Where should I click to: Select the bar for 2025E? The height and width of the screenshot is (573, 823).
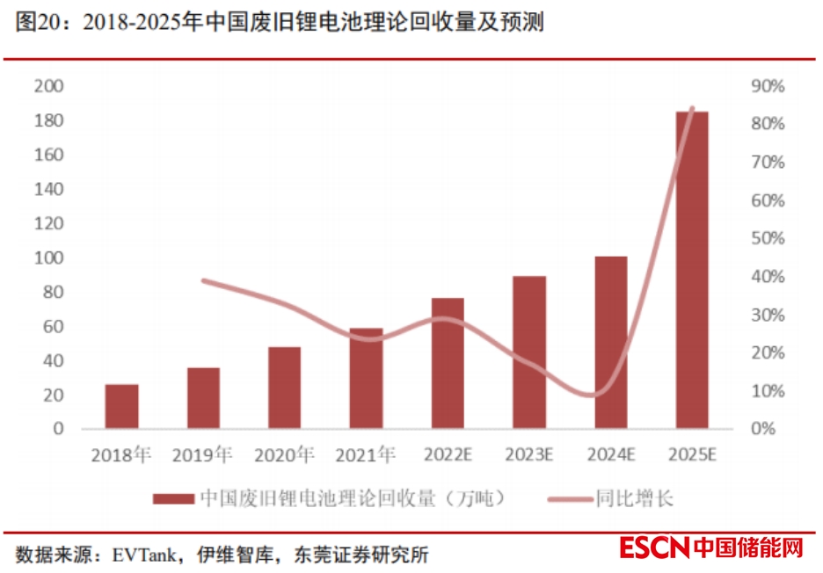point(692,270)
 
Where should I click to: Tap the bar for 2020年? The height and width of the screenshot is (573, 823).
point(284,388)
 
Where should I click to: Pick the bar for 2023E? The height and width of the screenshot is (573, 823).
point(529,352)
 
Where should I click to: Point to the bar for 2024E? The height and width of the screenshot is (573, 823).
point(611,343)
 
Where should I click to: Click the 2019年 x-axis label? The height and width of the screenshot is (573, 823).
point(202,455)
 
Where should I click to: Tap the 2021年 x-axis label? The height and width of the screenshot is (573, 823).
point(366,455)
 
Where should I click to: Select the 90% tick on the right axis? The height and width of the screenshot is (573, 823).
point(767,86)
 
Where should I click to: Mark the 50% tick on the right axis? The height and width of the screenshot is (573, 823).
point(767,239)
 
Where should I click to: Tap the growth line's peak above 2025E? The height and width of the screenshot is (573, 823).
point(692,109)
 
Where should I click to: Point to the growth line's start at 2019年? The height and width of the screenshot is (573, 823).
point(203,280)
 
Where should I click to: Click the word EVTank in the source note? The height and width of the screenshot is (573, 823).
point(142,555)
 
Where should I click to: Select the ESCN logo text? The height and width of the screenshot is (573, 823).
point(653,548)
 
